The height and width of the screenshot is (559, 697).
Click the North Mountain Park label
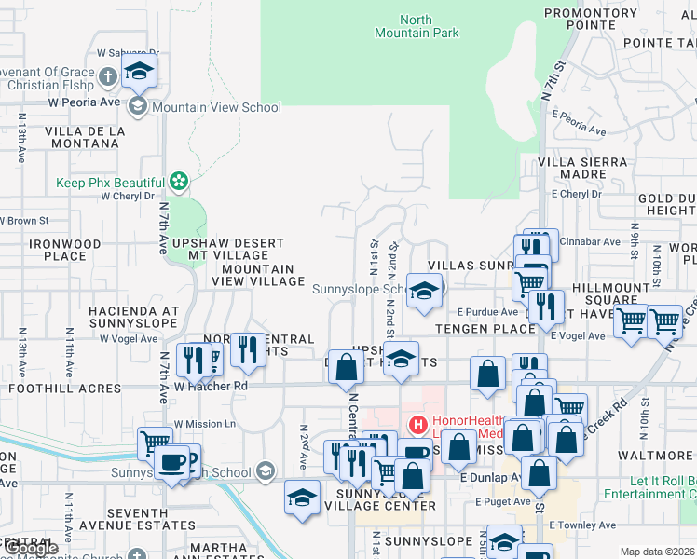point(430,26)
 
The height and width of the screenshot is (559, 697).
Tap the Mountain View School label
point(216,107)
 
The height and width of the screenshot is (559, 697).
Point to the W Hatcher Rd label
point(212,385)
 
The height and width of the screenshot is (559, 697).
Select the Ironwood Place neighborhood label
point(64,250)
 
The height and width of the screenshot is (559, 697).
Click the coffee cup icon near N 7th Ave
point(171,462)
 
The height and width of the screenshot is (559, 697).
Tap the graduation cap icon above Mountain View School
point(140,71)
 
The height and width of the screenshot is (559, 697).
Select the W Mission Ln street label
point(205,424)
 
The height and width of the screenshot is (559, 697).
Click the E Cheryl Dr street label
point(580,194)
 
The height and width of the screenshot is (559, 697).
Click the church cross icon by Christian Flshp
point(107,76)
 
